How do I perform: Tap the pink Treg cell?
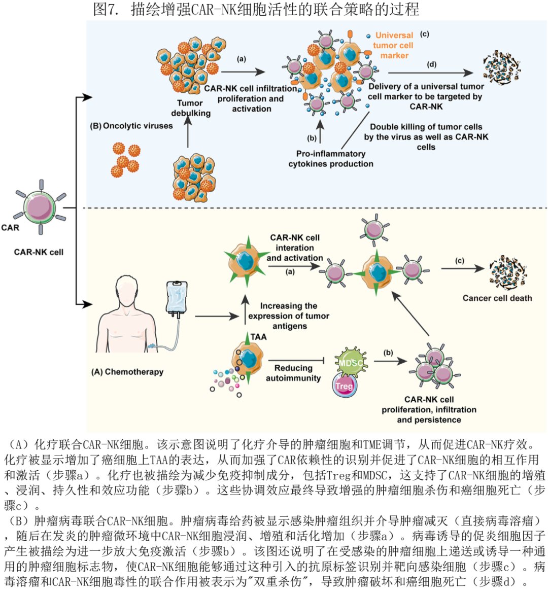[344, 386]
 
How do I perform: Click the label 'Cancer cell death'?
[497, 298]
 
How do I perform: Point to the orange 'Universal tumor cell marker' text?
[394, 45]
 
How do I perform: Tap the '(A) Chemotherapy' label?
[127, 371]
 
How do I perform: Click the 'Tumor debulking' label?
[190, 108]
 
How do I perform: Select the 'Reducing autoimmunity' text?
[293, 373]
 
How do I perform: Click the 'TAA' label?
[258, 337]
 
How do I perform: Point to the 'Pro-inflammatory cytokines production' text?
[330, 158]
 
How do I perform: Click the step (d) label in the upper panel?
[432, 64]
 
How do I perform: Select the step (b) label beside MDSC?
[388, 353]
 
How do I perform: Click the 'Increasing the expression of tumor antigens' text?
[289, 316]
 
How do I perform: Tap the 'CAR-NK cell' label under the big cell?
[39, 252]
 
